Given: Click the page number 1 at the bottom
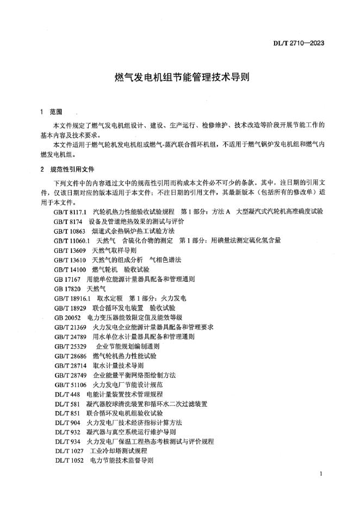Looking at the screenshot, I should click(x=322, y=474).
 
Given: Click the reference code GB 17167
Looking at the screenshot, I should click(x=66, y=280).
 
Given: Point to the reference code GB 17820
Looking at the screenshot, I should click(x=66, y=289).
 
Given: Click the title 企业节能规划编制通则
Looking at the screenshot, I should click(x=128, y=346).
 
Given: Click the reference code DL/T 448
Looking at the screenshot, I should click(x=66, y=394).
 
